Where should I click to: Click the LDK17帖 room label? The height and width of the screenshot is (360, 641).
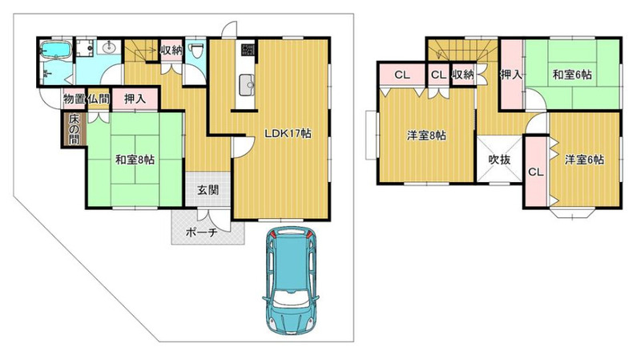pyautogui.click(x=288, y=133)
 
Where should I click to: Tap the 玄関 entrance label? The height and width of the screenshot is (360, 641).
pyautogui.click(x=208, y=190)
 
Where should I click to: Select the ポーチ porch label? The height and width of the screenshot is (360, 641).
pyautogui.click(x=201, y=233)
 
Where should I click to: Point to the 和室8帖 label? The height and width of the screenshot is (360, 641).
pyautogui.click(x=135, y=160)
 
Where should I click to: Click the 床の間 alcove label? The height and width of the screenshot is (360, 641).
pyautogui.click(x=74, y=129)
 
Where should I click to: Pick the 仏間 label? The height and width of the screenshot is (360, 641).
pyautogui.click(x=99, y=98)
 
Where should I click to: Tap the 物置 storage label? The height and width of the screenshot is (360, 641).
pyautogui.click(x=74, y=98)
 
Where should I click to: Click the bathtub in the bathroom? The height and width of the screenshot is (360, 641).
pyautogui.click(x=56, y=50)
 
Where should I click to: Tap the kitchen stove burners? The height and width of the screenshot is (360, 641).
pyautogui.click(x=248, y=50)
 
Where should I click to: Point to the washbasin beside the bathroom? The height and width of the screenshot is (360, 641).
pyautogui.click(x=110, y=47)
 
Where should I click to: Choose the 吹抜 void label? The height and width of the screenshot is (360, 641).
pyautogui.click(x=499, y=160)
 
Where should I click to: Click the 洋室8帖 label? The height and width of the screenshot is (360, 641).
pyautogui.click(x=426, y=136)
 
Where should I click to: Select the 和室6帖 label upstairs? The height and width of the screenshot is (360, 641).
pyautogui.click(x=572, y=75)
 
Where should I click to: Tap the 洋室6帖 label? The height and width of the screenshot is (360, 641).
pyautogui.click(x=585, y=159)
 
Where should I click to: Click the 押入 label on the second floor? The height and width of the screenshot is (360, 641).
pyautogui.click(x=511, y=75)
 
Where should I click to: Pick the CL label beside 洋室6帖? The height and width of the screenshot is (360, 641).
pyautogui.click(x=536, y=172)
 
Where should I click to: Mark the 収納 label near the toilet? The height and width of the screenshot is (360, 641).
pyautogui.click(x=171, y=50)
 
